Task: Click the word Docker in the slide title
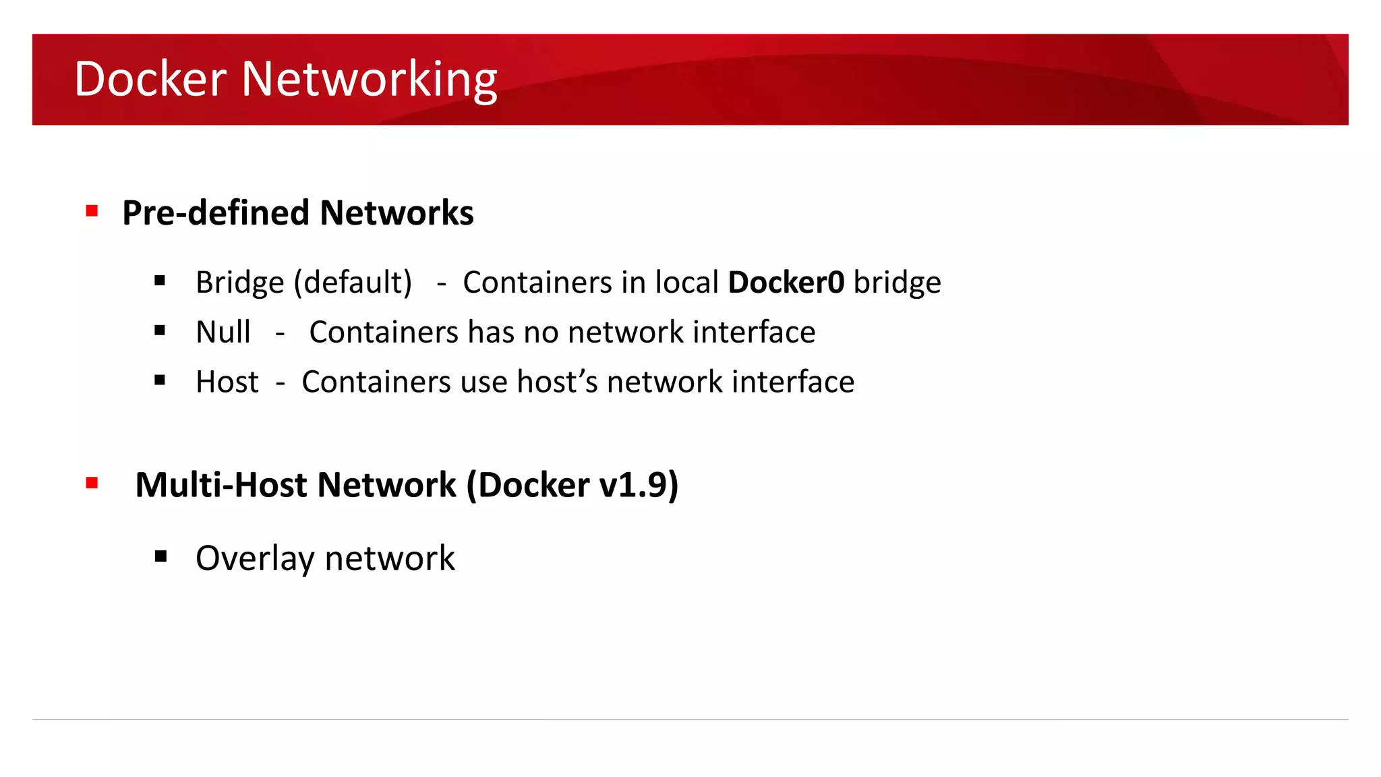point(150,79)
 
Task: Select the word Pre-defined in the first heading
point(216,213)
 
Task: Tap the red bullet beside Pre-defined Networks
point(92,211)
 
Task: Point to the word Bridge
point(239,283)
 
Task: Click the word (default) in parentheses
point(353,283)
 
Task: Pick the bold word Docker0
point(786,282)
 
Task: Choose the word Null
point(223,332)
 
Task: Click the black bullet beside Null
point(160,330)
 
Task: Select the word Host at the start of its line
point(227,382)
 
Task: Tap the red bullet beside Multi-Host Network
point(92,483)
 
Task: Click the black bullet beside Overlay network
point(160,556)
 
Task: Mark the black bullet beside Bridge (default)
point(160,281)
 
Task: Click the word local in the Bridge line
point(687,282)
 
